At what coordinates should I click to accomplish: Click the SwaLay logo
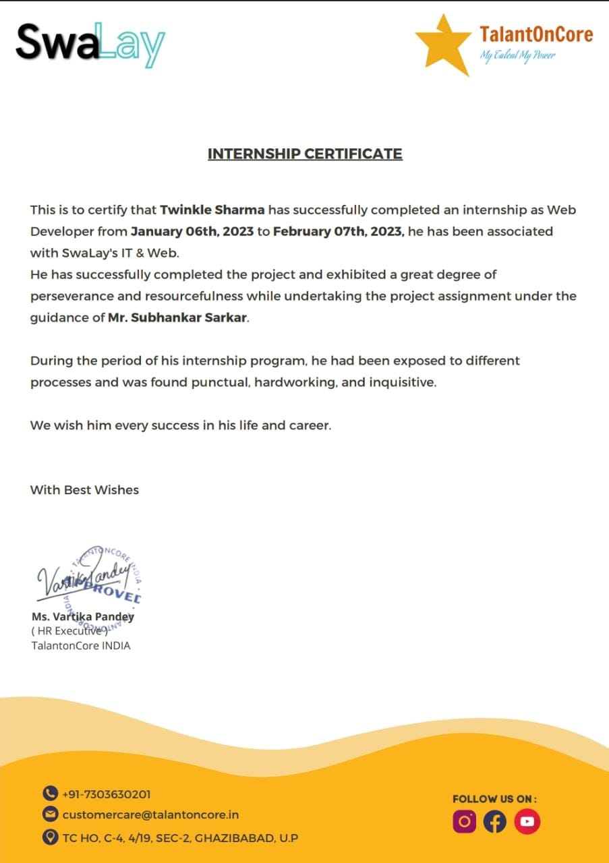(90, 43)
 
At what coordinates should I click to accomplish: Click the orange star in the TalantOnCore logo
(442, 44)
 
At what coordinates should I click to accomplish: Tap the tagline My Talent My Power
(517, 55)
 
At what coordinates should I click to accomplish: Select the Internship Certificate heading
(305, 154)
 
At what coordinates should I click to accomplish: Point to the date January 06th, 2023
(192, 231)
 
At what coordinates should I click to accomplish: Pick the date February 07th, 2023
(338, 231)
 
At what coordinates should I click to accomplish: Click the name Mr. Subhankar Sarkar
(178, 318)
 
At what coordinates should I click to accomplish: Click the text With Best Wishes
(84, 490)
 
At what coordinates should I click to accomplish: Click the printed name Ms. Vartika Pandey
(83, 616)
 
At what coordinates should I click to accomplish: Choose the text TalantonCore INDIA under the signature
(81, 646)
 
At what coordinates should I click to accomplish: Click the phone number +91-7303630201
(106, 794)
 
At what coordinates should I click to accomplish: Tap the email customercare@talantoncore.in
(150, 815)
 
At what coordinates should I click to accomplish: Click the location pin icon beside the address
(50, 837)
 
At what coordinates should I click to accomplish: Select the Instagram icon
(464, 821)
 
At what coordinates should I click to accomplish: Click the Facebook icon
(495, 821)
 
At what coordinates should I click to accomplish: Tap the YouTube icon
(527, 821)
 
